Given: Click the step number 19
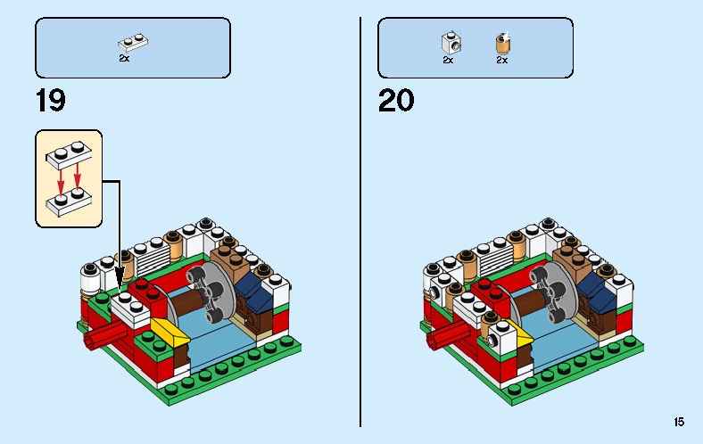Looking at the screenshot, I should click(51, 100).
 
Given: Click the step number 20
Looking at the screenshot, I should click(396, 100).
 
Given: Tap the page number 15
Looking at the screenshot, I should click(680, 422).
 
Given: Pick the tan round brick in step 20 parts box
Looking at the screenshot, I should click(502, 42).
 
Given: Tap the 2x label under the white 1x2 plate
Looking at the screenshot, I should click(124, 58).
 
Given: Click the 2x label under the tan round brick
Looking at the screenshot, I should click(501, 61).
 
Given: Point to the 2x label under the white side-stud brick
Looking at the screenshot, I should click(448, 61).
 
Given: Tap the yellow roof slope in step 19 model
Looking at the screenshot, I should click(171, 333).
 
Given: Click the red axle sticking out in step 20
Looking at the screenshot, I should click(445, 336).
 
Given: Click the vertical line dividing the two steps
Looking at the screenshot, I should click(360, 223).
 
